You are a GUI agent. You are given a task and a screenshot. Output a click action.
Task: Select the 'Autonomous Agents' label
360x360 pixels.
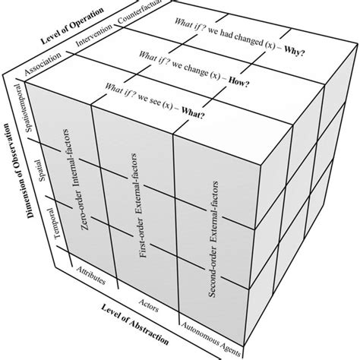(211, 334)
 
